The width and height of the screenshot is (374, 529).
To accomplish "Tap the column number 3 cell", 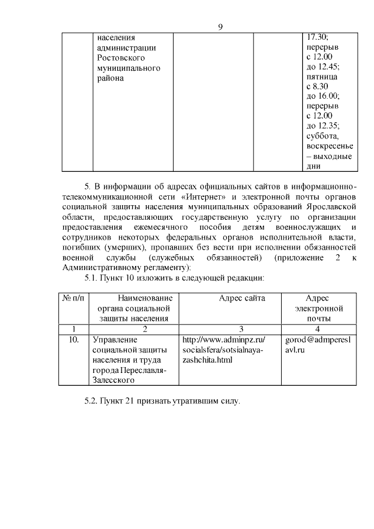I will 241,329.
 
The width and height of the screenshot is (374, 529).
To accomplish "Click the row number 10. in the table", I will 73,339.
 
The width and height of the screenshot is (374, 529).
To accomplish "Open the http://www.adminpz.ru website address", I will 223,339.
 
